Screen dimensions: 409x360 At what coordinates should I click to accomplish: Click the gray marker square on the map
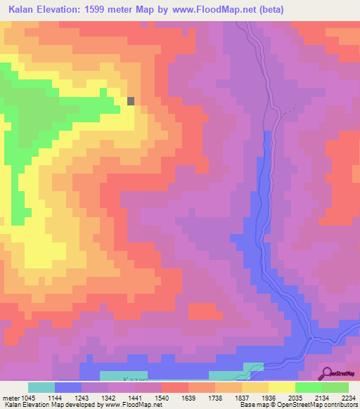(131, 100)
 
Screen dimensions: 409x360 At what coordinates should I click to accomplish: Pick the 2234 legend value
(349, 397)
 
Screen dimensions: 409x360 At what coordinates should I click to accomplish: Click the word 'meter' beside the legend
(12, 397)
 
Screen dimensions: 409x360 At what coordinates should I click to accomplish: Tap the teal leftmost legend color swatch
(41, 387)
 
